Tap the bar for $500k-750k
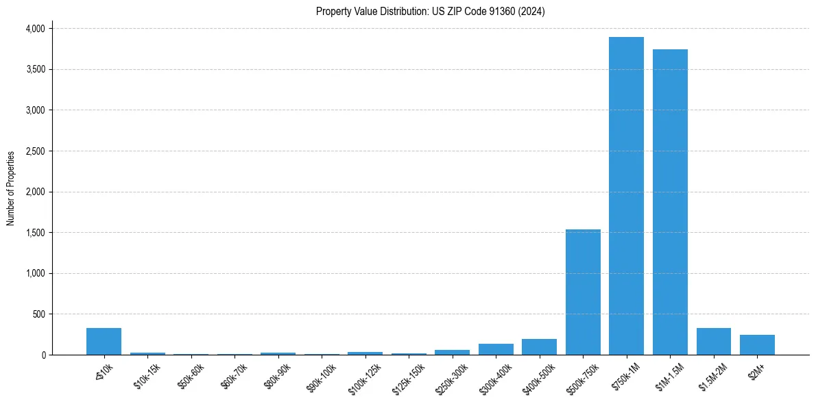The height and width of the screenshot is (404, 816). (x=583, y=292)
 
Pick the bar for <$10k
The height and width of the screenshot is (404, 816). (x=104, y=342)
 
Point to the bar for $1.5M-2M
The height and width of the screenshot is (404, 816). (x=713, y=342)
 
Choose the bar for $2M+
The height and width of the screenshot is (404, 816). (x=757, y=345)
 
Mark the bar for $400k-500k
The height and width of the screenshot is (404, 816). (x=539, y=347)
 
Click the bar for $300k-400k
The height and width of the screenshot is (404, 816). (x=496, y=349)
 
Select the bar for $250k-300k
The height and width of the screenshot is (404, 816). (x=452, y=352)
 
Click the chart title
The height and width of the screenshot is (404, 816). (x=430, y=12)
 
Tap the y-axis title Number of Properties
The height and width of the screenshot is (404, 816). (x=11, y=188)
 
